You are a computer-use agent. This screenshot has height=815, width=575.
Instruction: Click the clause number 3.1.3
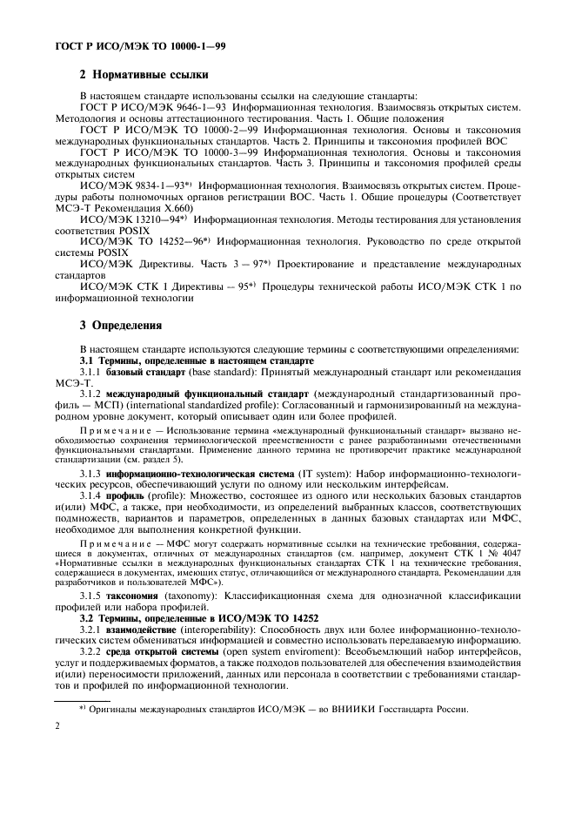coord(91,495)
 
